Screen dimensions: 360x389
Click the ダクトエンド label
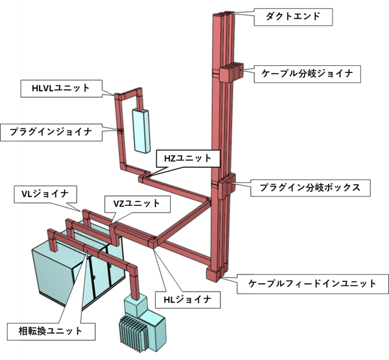tap(291, 16)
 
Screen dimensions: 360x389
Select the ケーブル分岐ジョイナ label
tap(308, 74)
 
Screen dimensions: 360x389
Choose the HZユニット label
tap(187, 159)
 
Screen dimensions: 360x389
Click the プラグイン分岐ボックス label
tap(310, 187)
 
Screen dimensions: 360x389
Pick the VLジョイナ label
tap(44, 193)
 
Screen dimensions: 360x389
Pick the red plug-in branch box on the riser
tap(227, 186)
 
